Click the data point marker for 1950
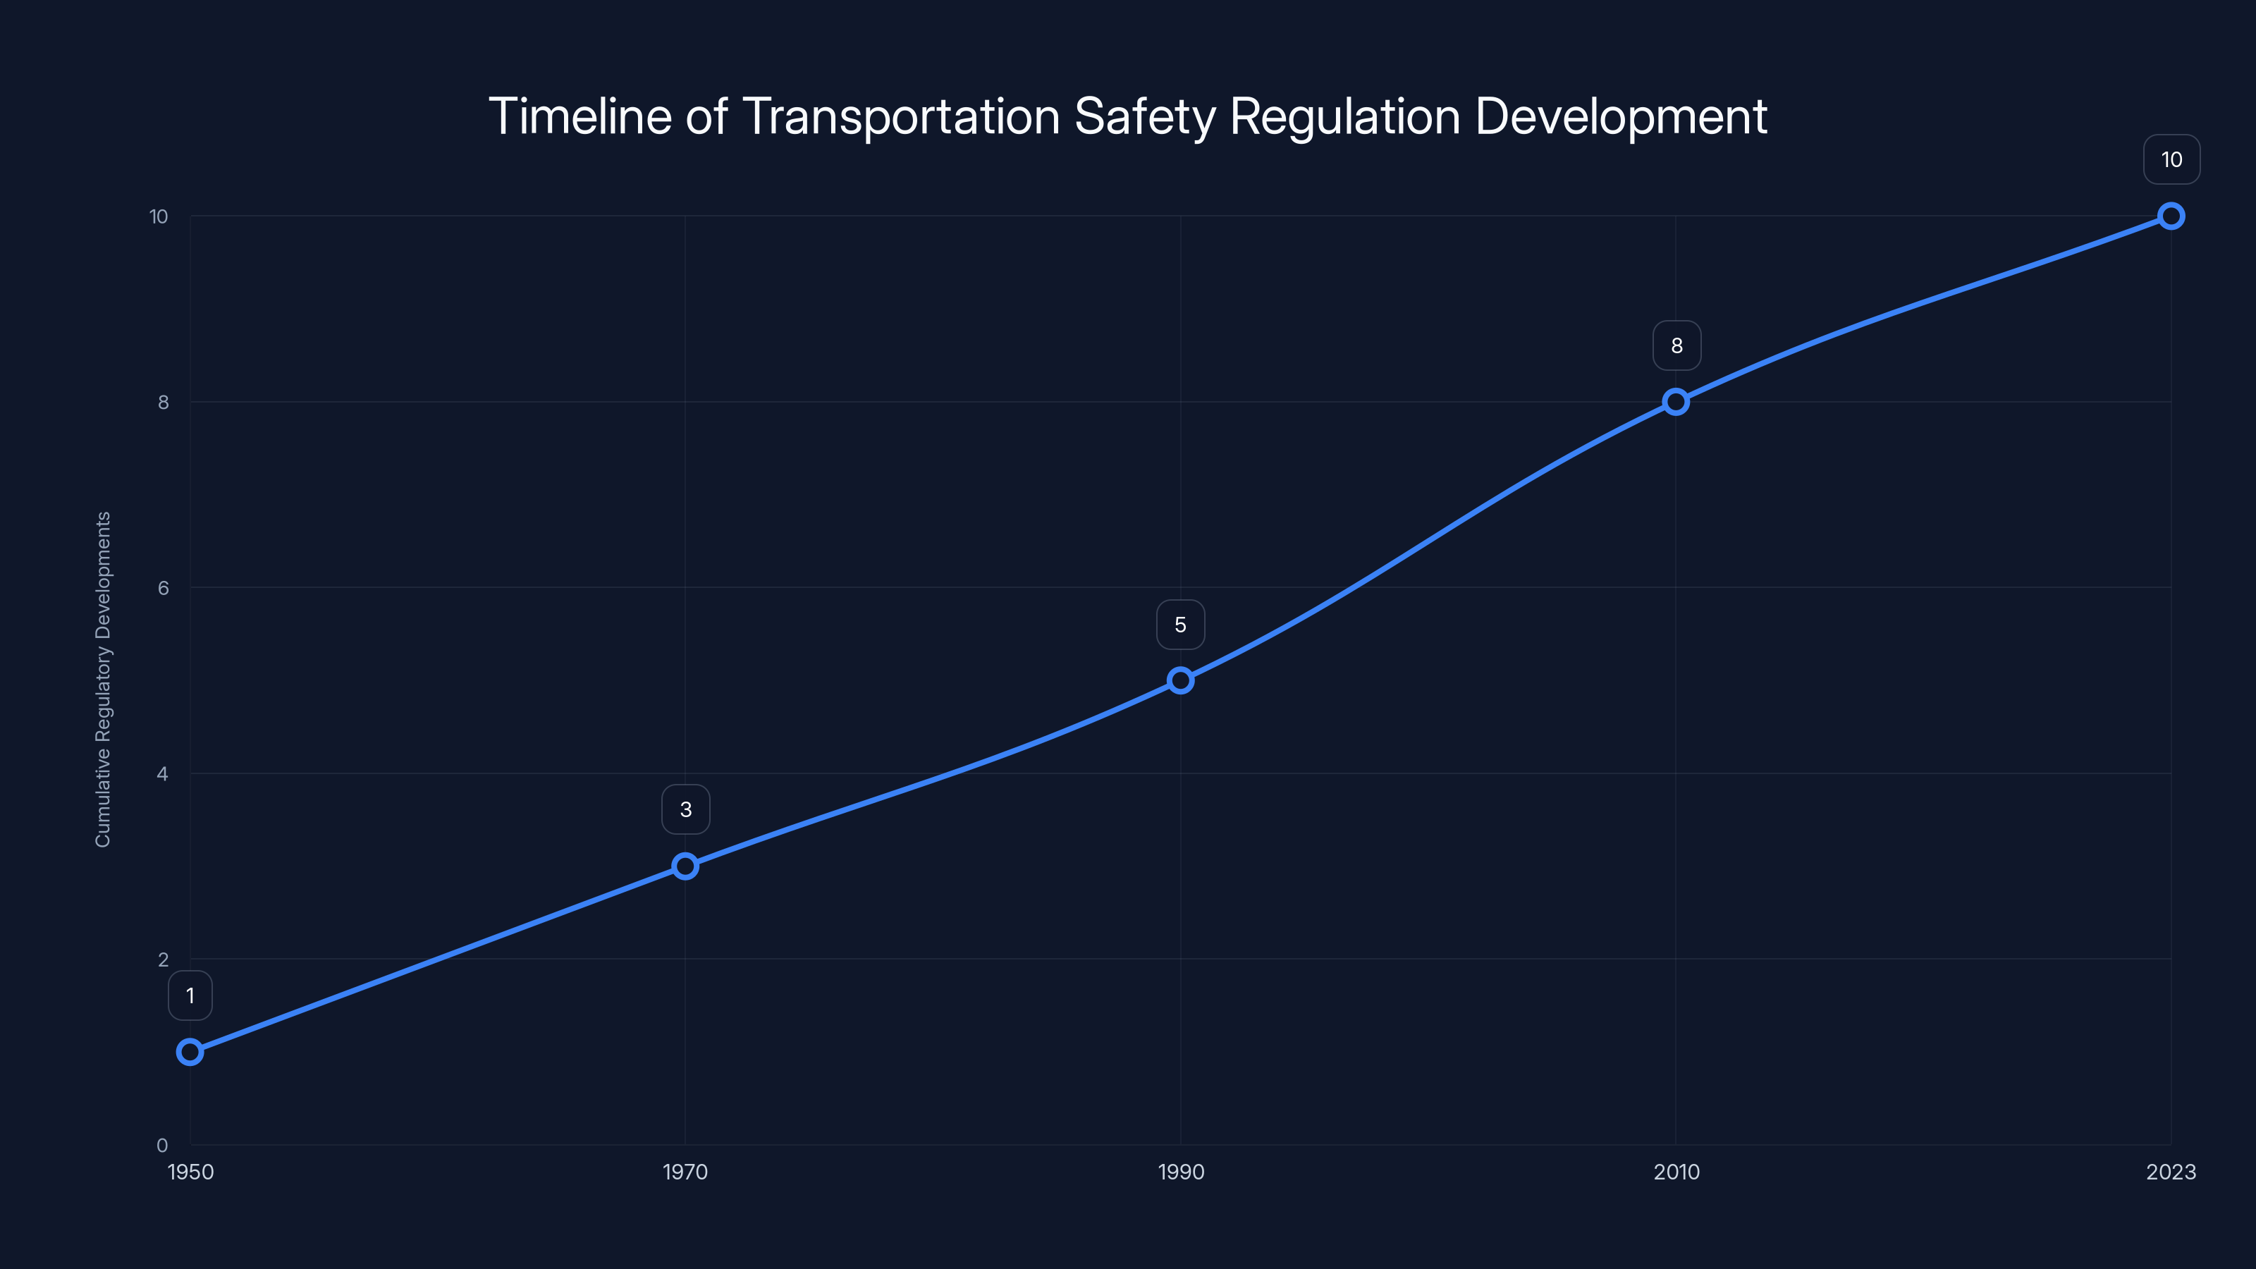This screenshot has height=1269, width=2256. [x=190, y=1051]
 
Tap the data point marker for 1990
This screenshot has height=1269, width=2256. [x=1181, y=680]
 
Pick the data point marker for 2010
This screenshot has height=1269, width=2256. [x=1675, y=402]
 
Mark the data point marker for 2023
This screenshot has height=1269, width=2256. [x=2171, y=216]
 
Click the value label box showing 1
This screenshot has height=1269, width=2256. [x=190, y=995]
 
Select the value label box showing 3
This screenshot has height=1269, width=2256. [x=686, y=809]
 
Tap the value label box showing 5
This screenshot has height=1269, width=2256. [x=1181, y=625]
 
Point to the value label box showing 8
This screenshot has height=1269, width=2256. [x=1676, y=346]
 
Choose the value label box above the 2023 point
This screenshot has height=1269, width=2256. [x=2171, y=159]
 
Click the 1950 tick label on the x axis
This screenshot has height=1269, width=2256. [x=190, y=1172]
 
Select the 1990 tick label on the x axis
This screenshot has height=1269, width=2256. [x=1181, y=1172]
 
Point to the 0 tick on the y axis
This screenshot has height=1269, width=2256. [x=162, y=1145]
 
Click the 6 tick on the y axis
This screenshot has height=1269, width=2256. [x=163, y=588]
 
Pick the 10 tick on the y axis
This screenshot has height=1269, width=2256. [x=159, y=216]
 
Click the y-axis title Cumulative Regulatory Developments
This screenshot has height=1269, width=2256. [x=104, y=679]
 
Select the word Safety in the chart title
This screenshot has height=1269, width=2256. [x=1144, y=116]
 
